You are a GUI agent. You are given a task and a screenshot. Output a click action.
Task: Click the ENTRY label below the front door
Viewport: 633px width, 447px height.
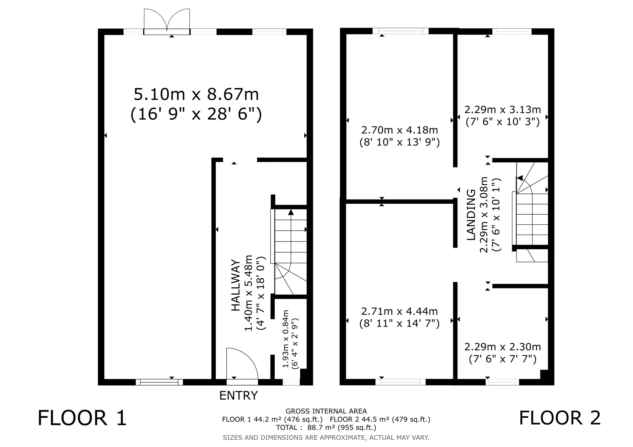[x=238, y=395]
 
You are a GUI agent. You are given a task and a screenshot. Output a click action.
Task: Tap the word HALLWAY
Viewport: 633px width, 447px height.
[x=235, y=285]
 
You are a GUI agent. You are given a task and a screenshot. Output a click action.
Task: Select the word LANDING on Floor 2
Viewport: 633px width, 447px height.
[x=471, y=215]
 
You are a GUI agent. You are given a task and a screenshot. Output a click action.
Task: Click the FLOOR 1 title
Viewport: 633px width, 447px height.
[x=82, y=418]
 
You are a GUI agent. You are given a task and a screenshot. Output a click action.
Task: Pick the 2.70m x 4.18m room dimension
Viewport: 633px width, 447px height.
[x=400, y=130]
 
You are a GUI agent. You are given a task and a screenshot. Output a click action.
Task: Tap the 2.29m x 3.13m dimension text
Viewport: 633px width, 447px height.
[x=503, y=110]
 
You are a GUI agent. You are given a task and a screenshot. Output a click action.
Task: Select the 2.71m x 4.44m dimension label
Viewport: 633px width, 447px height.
[x=400, y=311]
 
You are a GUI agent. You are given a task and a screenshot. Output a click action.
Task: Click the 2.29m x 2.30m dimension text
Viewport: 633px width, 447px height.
[x=503, y=347]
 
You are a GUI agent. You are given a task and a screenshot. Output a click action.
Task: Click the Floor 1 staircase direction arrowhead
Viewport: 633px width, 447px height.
[x=291, y=212]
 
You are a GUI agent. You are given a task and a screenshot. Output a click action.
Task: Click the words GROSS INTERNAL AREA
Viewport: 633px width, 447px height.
[x=326, y=411]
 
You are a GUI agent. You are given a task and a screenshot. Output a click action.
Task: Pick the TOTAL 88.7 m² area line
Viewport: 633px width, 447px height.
[x=326, y=427]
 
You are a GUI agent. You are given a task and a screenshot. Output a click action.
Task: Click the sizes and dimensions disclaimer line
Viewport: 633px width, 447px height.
[x=326, y=437]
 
